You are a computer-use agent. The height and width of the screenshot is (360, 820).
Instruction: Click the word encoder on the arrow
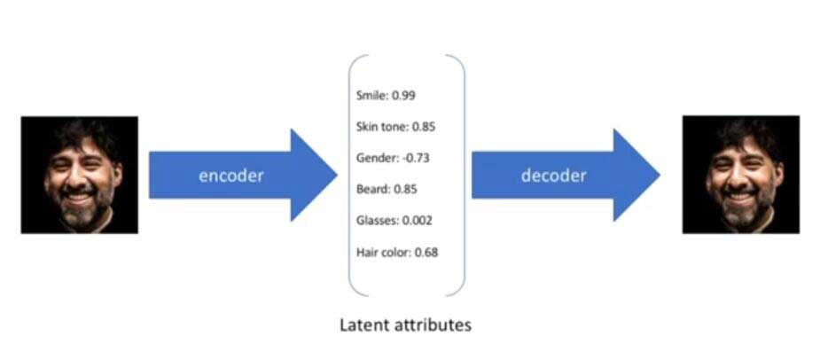230,176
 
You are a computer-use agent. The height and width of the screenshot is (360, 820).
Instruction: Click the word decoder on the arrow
553,176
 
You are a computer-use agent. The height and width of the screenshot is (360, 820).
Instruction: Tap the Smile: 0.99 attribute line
386,95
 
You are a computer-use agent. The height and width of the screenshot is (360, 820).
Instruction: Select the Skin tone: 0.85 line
395,126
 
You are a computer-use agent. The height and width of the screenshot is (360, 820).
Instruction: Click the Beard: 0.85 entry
387,189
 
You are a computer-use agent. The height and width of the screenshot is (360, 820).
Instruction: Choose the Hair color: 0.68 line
397,252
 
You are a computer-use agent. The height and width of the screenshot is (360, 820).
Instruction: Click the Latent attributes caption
405,325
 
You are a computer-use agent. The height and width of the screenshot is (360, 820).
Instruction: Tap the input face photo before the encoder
80,175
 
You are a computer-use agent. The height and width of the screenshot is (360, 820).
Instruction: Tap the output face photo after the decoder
740,175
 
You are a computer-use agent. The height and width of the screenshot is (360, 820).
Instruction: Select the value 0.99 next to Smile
404,95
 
